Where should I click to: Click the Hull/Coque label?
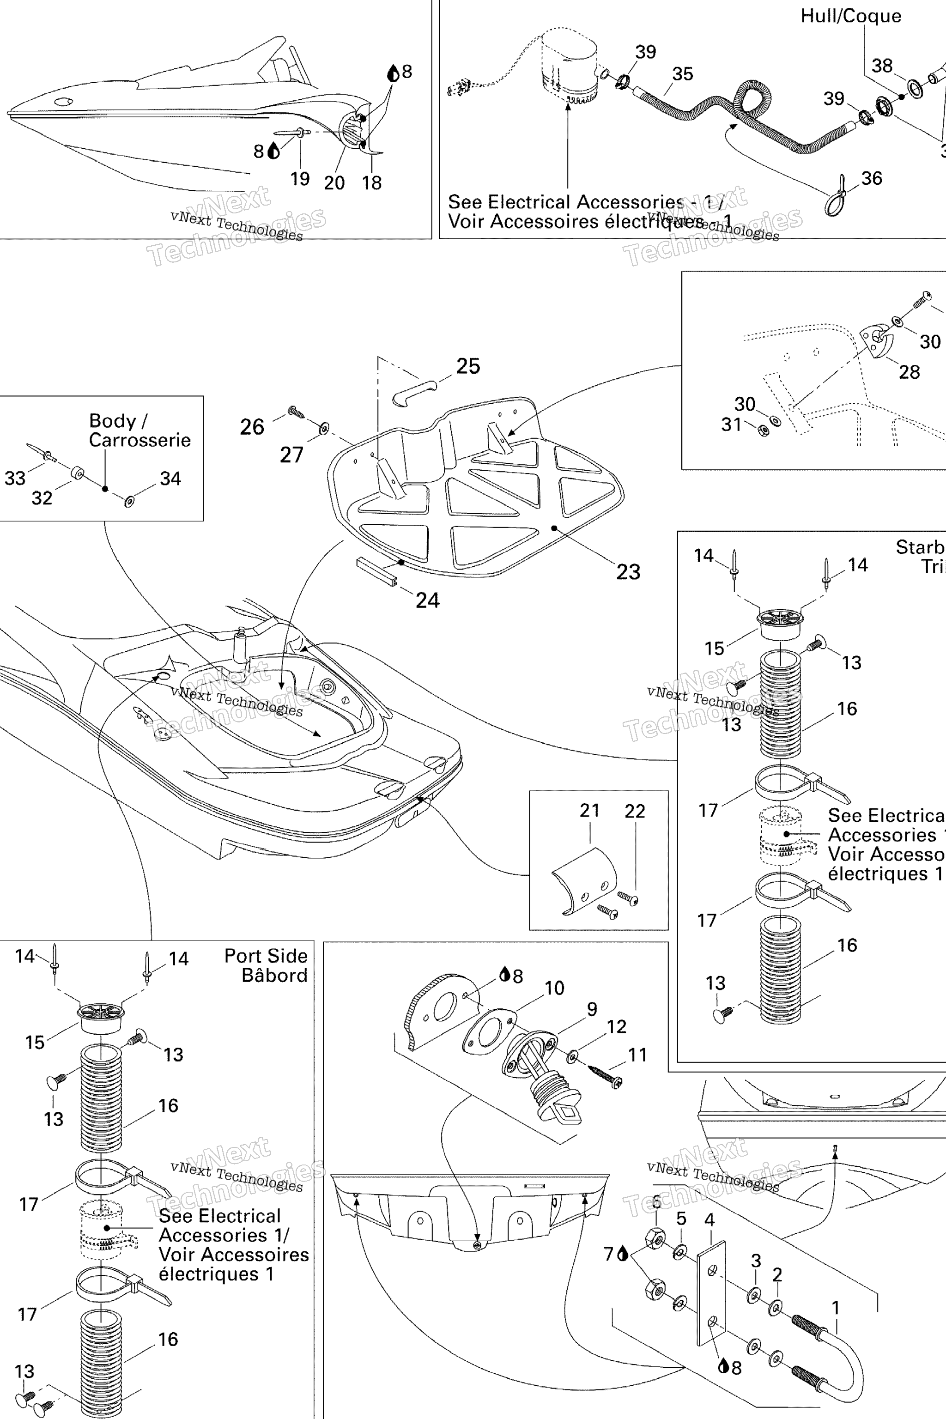click(x=851, y=16)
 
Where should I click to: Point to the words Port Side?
click(x=266, y=956)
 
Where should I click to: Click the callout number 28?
click(x=909, y=372)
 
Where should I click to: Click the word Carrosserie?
click(x=139, y=440)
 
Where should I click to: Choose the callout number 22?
click(x=635, y=811)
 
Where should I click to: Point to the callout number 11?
click(x=637, y=1055)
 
